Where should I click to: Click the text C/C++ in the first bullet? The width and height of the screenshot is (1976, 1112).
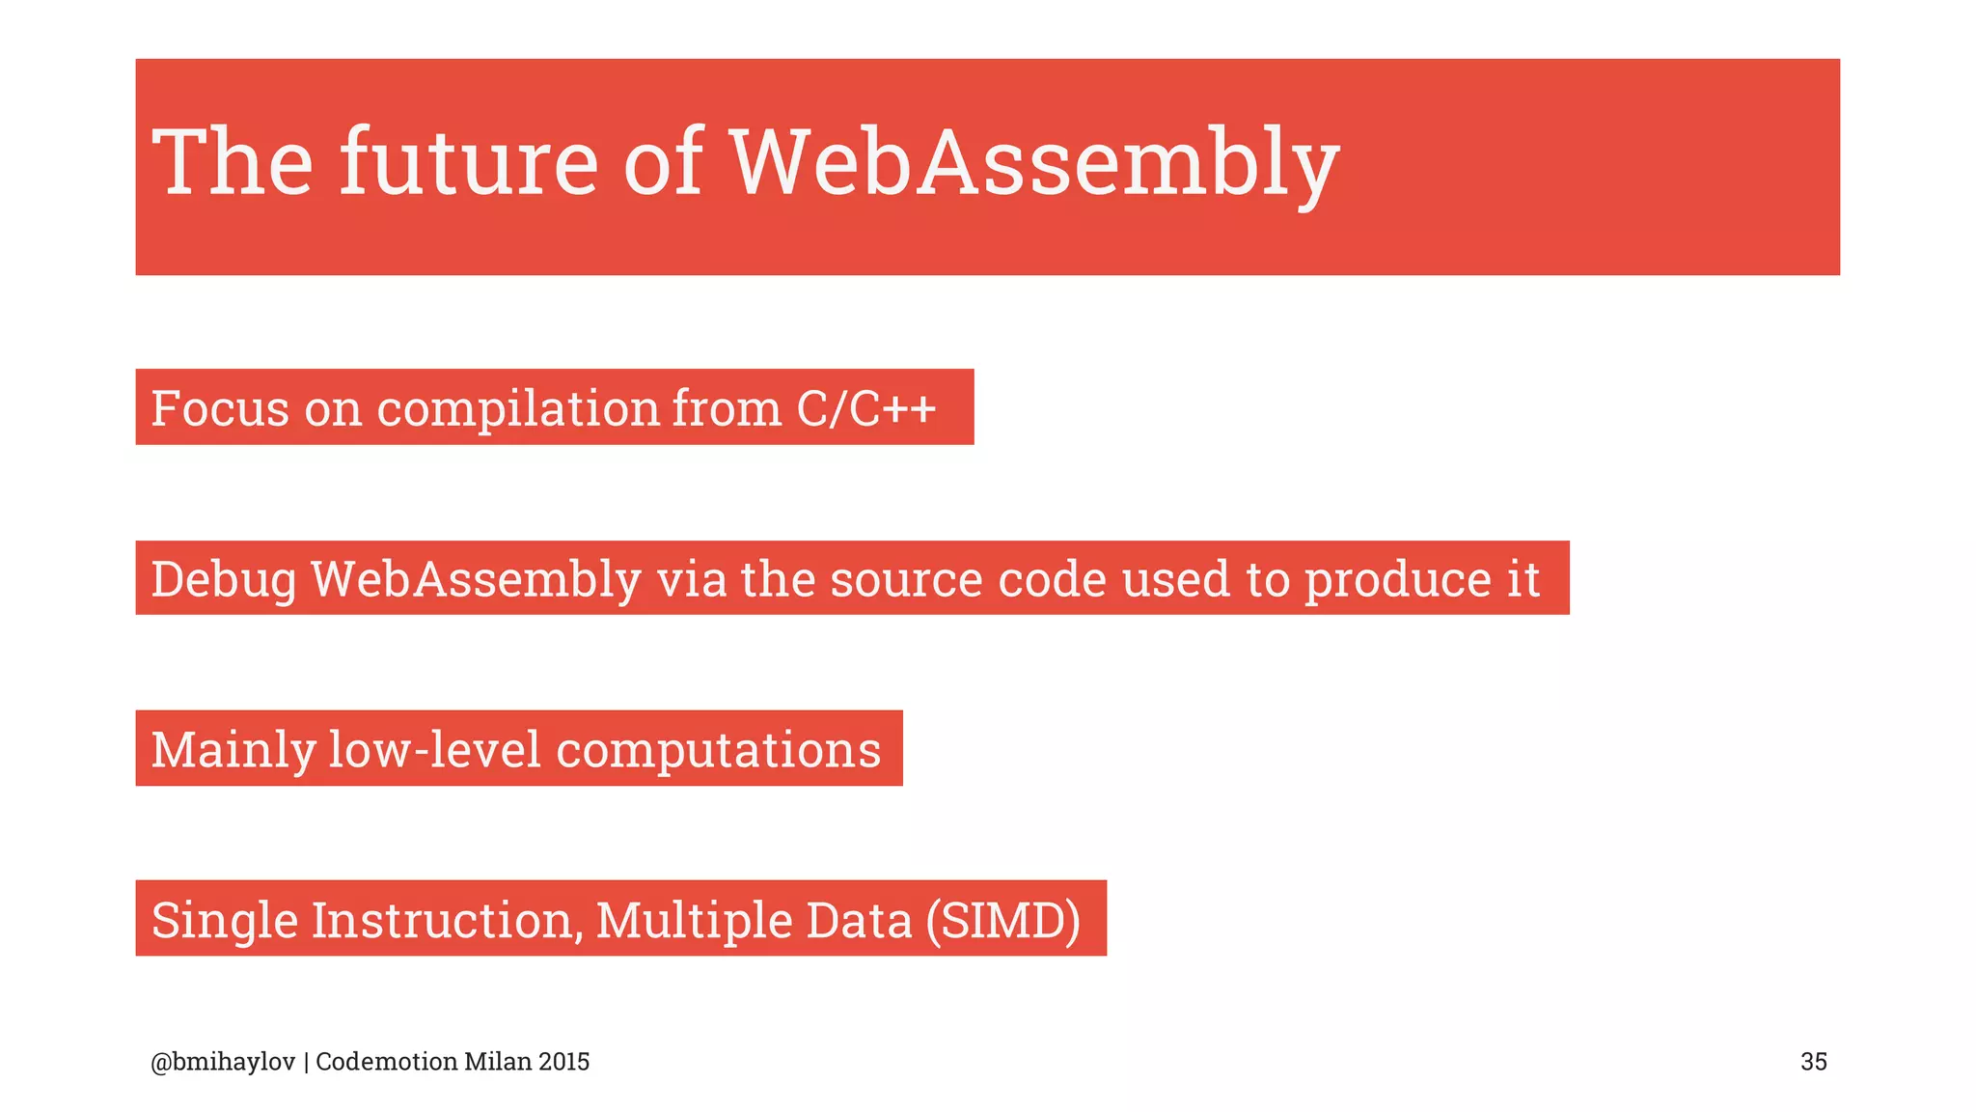(866, 407)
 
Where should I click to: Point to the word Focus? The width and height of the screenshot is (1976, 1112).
(220, 407)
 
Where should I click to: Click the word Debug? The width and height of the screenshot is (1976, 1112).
(224, 580)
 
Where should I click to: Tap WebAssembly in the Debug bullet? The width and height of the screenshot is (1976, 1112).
(476, 580)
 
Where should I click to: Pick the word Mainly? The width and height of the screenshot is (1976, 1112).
(233, 751)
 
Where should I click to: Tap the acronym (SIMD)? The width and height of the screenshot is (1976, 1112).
(1002, 921)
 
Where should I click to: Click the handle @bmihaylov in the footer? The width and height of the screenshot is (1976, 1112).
(223, 1062)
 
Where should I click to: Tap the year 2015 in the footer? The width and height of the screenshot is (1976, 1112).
(564, 1062)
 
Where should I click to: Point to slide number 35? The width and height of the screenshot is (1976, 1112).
(1813, 1062)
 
